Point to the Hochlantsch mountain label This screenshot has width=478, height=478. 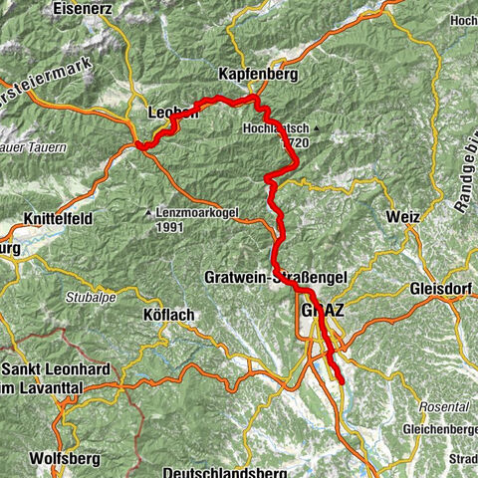click(x=276, y=128)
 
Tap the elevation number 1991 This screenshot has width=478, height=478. click(x=172, y=226)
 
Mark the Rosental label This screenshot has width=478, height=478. click(x=445, y=408)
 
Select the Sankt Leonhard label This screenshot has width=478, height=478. click(x=45, y=361)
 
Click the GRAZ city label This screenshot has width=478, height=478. click(x=321, y=311)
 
